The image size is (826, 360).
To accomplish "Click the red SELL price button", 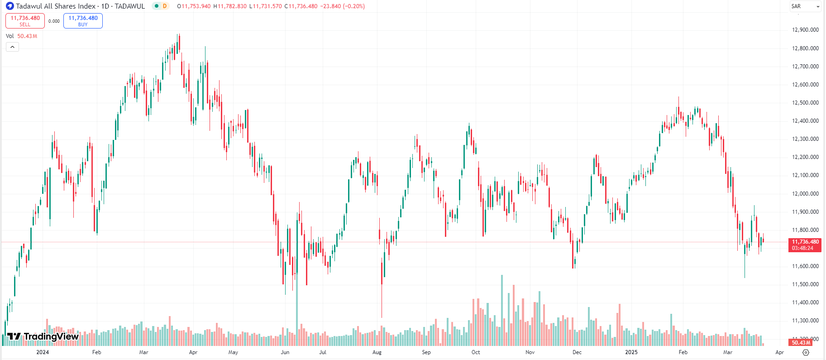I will (x=25, y=21).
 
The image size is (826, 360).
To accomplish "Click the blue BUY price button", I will (x=83, y=21).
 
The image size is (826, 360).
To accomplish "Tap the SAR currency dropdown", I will (x=805, y=6).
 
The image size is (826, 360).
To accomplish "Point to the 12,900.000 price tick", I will (x=805, y=30).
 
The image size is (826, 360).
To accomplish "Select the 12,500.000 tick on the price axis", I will (x=805, y=103).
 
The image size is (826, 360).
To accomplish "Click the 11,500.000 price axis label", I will (x=805, y=284).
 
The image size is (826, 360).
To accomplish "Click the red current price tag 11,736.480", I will (x=805, y=245).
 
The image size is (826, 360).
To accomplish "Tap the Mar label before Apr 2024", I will (x=143, y=352).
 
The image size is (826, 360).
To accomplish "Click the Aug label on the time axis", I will (x=377, y=352).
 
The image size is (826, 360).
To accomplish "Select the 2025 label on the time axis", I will (x=631, y=352).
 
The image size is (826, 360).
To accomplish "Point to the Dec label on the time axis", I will (x=577, y=352).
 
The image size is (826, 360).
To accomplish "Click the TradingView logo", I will (x=43, y=336).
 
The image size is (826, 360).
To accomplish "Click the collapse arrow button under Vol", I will (x=12, y=47).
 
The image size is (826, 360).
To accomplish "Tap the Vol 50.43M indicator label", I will (x=21, y=36).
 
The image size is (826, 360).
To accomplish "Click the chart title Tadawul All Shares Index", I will (x=56, y=6).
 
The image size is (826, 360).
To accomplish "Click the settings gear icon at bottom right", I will (x=806, y=352).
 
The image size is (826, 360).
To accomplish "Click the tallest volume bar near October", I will (x=501, y=308).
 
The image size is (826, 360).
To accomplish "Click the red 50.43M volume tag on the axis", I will (x=801, y=343).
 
